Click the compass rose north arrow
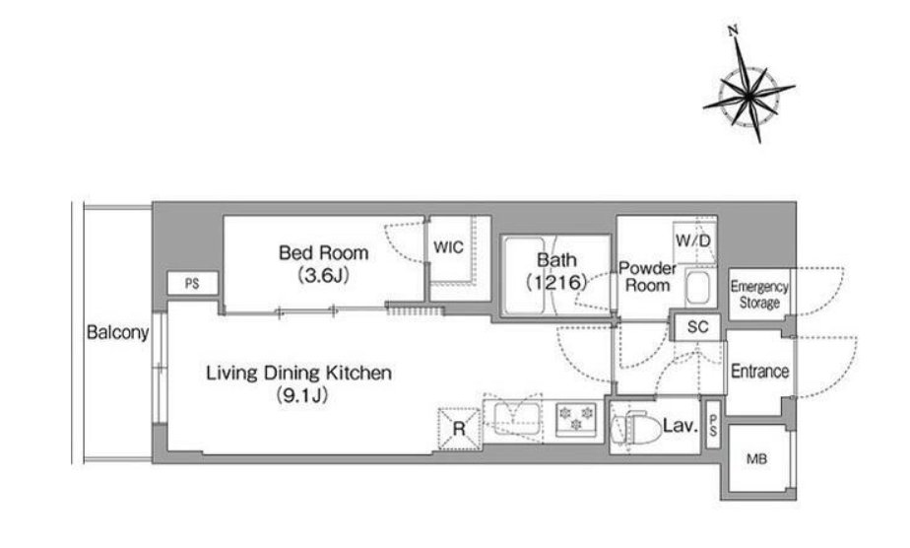[748, 86]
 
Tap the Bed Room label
[323, 253]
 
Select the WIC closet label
[449, 247]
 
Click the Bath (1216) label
[556, 271]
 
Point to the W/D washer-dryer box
[694, 240]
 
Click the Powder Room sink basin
[697, 288]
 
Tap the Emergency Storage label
[759, 295]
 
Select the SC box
[697, 327]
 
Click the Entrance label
[759, 371]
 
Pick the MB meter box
[756, 458]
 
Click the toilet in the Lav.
[636, 427]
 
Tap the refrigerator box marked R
[459, 429]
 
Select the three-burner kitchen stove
[576, 419]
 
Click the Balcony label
[118, 332]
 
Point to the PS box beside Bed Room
[193, 284]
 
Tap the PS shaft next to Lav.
[713, 425]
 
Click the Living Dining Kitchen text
[298, 373]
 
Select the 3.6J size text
[323, 275]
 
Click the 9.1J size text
[301, 396]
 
